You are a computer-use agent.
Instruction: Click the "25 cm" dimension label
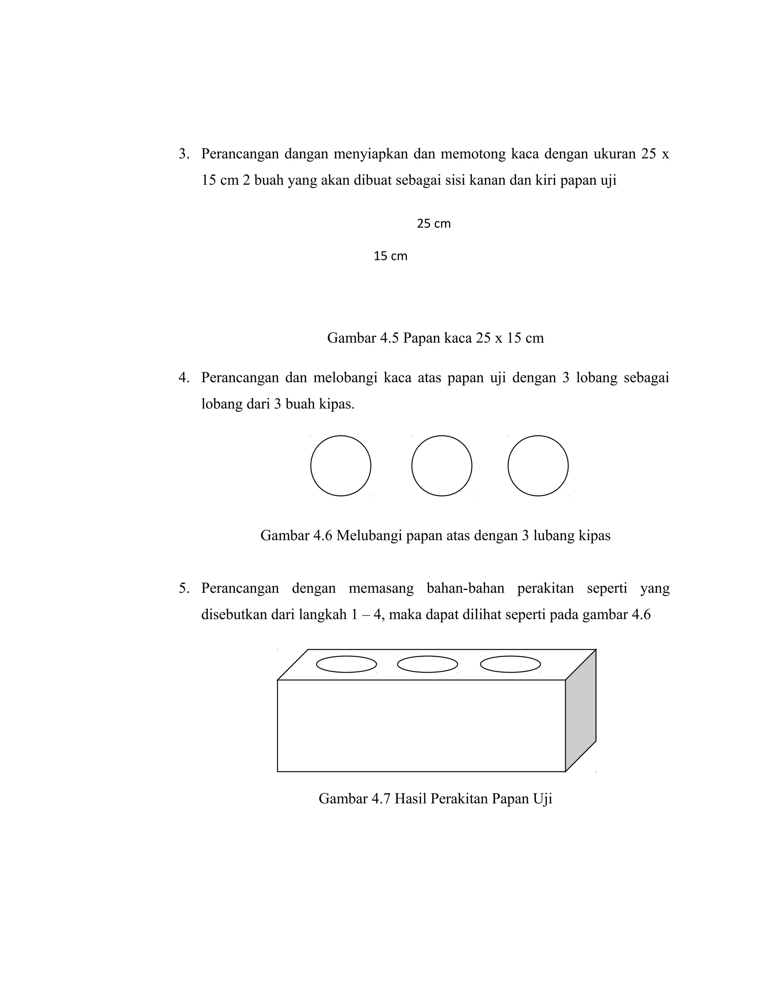(433, 223)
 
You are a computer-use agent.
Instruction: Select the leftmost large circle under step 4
(341, 466)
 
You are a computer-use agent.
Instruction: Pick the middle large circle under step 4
(441, 466)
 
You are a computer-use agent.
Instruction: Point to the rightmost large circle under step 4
(538, 466)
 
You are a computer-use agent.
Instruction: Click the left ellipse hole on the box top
(346, 664)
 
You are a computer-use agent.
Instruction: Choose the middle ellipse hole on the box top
(427, 664)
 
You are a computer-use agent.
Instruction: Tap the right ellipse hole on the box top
(510, 664)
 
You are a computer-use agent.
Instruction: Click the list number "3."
(184, 154)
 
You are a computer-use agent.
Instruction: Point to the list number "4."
(184, 378)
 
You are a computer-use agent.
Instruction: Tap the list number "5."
(184, 588)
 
